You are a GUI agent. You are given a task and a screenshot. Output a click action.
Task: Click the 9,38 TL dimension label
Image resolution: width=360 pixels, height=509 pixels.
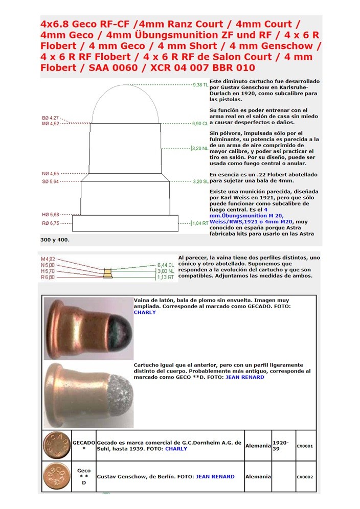pos(200,85)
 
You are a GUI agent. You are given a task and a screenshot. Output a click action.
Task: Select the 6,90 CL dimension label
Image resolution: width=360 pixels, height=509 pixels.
pos(200,124)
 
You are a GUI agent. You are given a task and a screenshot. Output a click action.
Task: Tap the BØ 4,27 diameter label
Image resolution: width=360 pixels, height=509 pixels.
pos(50,118)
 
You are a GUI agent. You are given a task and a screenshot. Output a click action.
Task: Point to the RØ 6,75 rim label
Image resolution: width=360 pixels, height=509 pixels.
pos(51,223)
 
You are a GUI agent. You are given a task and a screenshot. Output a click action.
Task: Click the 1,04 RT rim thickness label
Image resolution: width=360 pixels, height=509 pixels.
pos(200,223)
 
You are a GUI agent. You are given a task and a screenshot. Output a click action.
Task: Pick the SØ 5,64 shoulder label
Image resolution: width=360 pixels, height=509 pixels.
pos(50,181)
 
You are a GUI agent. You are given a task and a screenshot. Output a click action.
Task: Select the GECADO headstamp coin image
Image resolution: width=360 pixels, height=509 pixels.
pos(57,446)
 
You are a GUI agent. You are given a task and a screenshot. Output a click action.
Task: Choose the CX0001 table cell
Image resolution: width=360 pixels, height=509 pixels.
pos(305,446)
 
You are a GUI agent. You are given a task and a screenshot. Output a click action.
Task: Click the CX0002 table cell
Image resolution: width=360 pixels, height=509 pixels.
pos(305,477)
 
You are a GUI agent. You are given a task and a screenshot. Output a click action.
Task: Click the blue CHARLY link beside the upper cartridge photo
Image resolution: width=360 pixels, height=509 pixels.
pos(145,312)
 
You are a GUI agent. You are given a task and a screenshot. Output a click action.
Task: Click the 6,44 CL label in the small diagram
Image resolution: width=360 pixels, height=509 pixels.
pos(166,265)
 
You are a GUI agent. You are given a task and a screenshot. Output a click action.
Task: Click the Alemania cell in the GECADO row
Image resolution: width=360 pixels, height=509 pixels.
pos(258,446)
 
